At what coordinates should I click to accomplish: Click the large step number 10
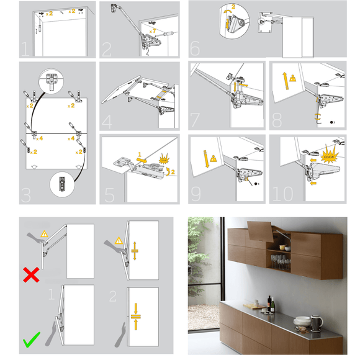pyautogui.click(x=282, y=193)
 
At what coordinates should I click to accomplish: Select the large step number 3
pyautogui.click(x=27, y=195)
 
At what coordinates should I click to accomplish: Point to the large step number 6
pyautogui.click(x=196, y=50)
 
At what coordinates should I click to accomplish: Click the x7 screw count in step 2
pyautogui.click(x=153, y=30)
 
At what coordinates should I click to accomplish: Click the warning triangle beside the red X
pyautogui.click(x=44, y=233)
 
